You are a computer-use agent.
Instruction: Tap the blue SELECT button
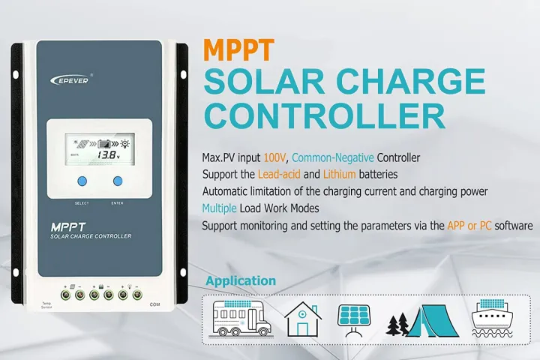point(82,181)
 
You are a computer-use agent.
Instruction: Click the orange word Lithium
point(345,175)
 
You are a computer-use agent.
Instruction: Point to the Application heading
point(241,281)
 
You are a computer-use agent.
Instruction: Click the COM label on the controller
point(155,304)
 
